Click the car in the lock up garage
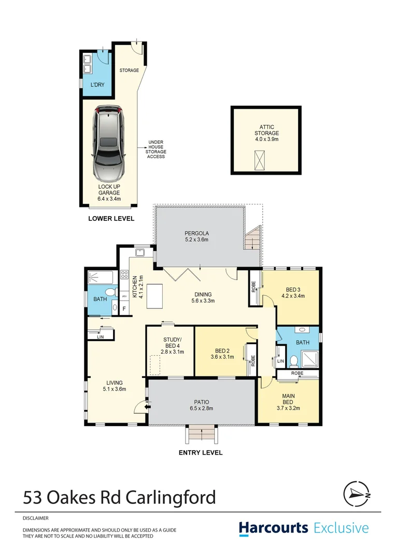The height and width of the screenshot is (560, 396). pos(108,143)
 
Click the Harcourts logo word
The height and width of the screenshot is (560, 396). pos(274,528)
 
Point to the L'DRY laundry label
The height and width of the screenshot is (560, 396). pos(97,85)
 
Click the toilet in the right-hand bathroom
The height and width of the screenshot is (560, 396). pos(294,359)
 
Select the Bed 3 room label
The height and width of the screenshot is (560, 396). pos(292,293)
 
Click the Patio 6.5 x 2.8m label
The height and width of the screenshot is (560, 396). pos(200,404)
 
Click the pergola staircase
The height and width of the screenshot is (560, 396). pos(252,240)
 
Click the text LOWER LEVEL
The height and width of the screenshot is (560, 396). pos(111,219)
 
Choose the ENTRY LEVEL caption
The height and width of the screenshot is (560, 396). pos(201,453)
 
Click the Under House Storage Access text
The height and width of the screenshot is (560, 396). pos(156,149)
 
